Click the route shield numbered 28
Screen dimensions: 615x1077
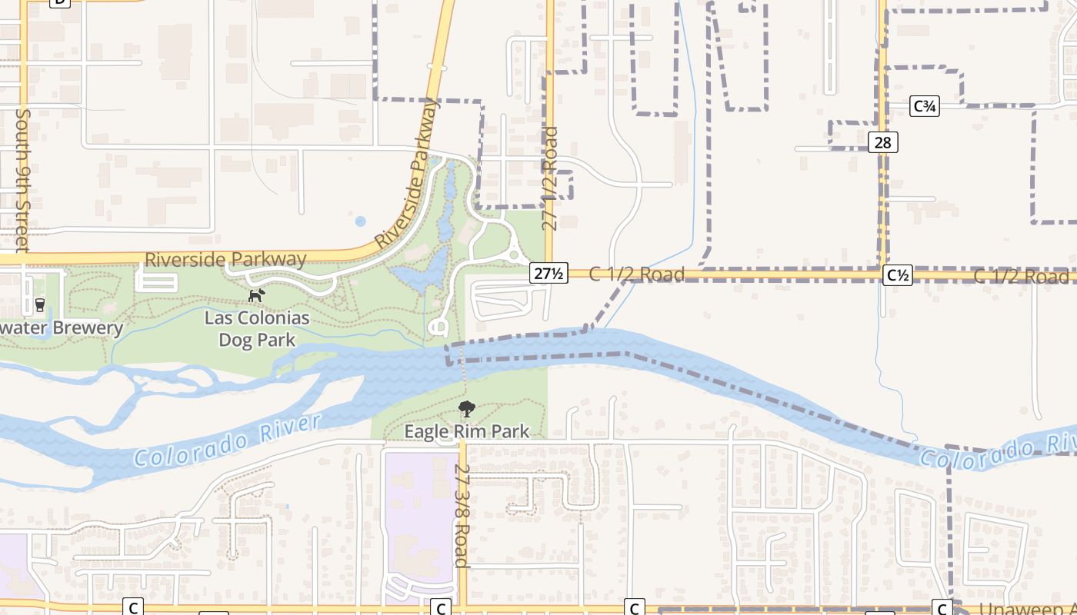882,142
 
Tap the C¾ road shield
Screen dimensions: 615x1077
924,106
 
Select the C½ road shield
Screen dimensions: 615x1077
898,275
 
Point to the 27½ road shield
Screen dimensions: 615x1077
549,273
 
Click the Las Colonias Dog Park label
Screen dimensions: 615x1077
256,328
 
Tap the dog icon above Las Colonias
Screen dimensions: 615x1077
256,294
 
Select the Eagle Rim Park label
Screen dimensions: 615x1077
467,431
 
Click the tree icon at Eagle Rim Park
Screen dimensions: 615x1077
466,408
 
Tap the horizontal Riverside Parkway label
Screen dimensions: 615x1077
225,259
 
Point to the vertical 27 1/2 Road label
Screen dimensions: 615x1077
549,179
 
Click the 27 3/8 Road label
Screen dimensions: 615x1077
462,515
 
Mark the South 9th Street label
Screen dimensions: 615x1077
22,179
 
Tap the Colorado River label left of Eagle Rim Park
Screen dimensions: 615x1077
226,441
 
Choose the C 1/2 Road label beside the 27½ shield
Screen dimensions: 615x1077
636,274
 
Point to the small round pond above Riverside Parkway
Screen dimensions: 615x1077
360,221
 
